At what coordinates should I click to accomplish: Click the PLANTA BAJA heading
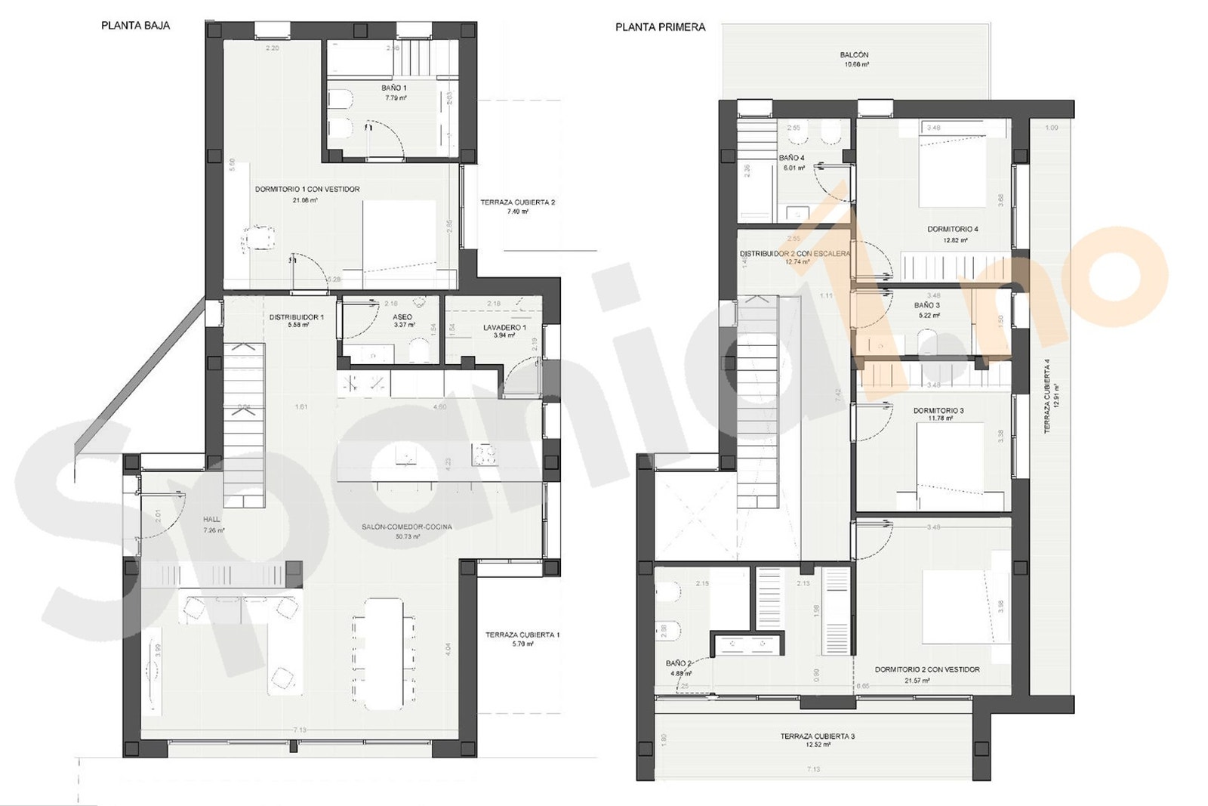pos(135,26)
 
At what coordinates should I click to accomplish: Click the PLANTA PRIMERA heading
pos(660,27)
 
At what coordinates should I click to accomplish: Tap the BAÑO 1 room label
pos(394,88)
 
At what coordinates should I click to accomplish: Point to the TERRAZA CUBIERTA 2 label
pos(518,202)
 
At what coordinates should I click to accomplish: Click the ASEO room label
pos(402,317)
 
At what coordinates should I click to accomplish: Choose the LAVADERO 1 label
pos(504,327)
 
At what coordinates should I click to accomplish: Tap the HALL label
pos(211,520)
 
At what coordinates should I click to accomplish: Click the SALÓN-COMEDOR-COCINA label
pos(406,527)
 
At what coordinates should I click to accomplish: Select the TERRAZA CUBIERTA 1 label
pos(522,635)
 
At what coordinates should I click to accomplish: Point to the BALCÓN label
pos(854,55)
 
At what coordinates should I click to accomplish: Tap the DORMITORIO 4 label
pos(953,229)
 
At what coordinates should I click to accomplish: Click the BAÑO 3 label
pos(926,305)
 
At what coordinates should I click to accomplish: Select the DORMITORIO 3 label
pos(938,411)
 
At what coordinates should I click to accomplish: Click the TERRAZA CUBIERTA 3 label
pos(818,736)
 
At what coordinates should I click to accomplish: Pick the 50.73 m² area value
pos(406,536)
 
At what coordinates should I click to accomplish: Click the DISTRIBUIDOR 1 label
pos(296,317)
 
